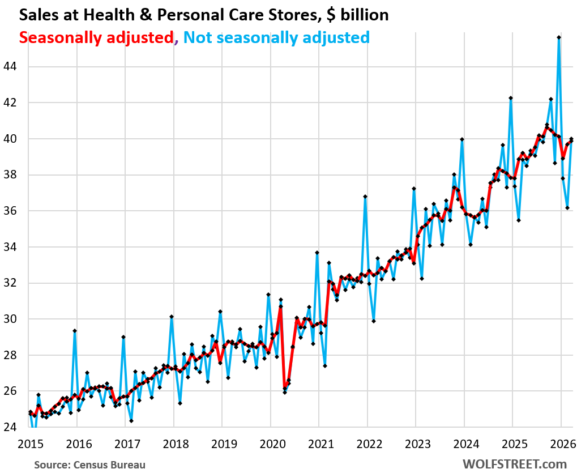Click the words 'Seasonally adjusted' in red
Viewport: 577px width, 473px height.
point(96,37)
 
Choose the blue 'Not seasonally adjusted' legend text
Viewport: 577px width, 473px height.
point(276,37)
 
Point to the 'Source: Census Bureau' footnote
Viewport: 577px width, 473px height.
point(89,465)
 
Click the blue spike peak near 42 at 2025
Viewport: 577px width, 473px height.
point(511,98)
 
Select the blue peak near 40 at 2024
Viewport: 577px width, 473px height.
point(462,139)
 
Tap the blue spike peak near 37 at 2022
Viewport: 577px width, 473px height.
point(365,197)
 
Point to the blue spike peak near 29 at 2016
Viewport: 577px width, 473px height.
point(75,331)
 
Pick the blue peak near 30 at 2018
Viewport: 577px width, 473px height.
point(172,317)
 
